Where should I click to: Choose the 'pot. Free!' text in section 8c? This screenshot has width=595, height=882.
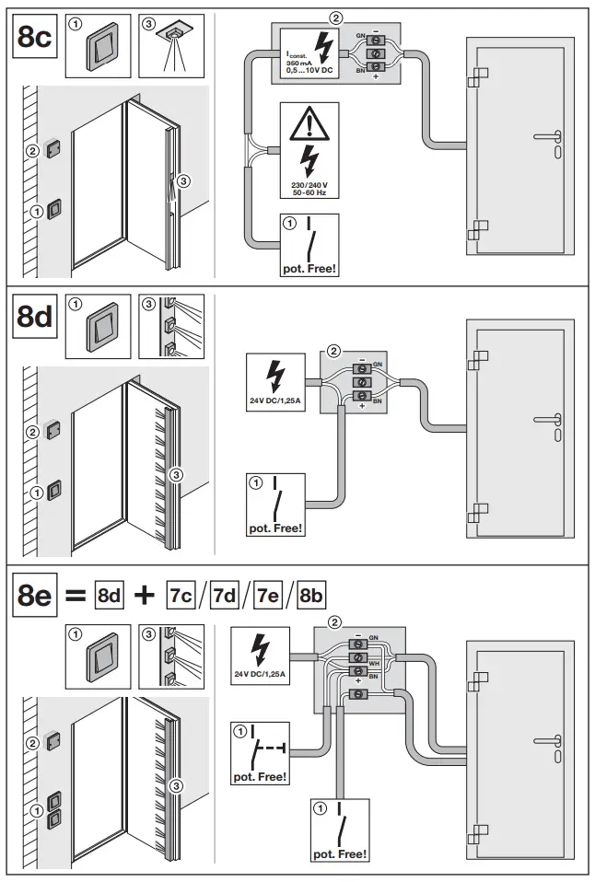pyautogui.click(x=309, y=270)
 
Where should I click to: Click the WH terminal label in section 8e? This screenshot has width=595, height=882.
pyautogui.click(x=374, y=661)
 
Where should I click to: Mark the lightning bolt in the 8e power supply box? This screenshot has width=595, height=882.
pyautogui.click(x=262, y=651)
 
